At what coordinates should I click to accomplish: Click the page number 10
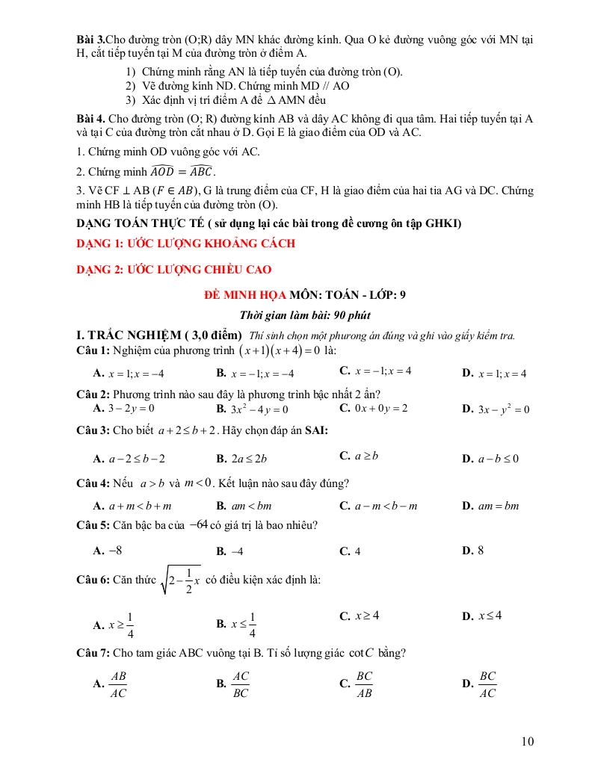click(528, 741)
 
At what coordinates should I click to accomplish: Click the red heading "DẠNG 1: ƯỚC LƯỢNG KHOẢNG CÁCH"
click(187, 243)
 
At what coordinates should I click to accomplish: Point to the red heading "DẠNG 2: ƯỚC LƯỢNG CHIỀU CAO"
click(175, 269)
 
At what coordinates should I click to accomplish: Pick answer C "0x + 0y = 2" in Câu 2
click(373, 408)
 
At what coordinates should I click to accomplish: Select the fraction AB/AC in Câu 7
click(117, 682)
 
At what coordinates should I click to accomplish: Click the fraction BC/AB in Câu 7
click(364, 682)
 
